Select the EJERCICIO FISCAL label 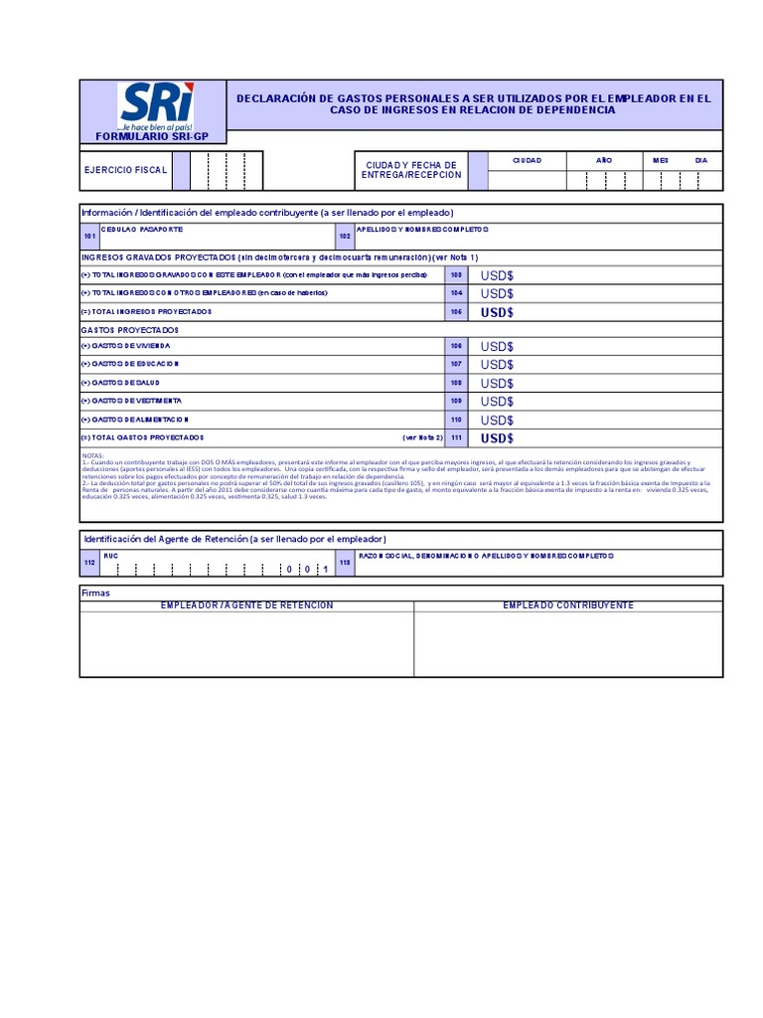[124, 170]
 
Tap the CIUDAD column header [527, 160]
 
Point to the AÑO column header [604, 160]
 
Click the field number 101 [89, 237]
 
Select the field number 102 [345, 237]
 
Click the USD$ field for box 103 [497, 275]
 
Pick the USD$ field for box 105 [497, 312]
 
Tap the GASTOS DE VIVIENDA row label [126, 346]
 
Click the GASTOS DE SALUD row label [120, 383]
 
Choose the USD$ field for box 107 [497, 365]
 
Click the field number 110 [456, 420]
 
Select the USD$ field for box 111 [497, 438]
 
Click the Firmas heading [96, 593]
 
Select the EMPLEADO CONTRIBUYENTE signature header [568, 605]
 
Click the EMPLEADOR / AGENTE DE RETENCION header [248, 605]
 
